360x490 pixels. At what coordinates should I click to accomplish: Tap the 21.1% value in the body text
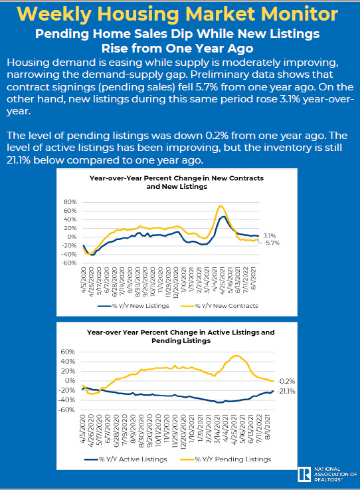[x=19, y=160]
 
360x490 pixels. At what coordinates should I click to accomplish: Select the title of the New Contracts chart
[x=177, y=182]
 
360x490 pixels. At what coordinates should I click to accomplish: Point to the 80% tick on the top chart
[x=70, y=202]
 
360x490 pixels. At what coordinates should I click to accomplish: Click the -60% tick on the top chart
[x=69, y=263]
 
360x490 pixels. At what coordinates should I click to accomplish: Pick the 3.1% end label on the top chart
[x=270, y=236]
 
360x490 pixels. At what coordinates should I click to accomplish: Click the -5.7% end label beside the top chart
[x=272, y=243]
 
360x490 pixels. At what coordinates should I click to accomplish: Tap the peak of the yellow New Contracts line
[x=220, y=205]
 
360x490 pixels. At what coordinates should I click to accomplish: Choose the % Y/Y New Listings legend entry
[x=134, y=306]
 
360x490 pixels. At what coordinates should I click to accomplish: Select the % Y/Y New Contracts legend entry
[x=219, y=306]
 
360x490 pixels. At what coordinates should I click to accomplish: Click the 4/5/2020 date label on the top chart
[x=84, y=279]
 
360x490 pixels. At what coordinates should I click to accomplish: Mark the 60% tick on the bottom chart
[x=68, y=352]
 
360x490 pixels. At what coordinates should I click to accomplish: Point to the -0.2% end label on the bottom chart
[x=286, y=381]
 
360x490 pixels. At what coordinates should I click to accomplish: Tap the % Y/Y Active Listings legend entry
[x=126, y=459]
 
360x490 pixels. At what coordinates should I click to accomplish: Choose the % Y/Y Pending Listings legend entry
[x=226, y=459]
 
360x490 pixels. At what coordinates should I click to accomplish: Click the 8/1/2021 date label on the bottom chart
[x=268, y=428]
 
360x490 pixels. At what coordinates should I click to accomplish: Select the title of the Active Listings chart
[x=181, y=336]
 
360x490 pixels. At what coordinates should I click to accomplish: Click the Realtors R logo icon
[x=304, y=474]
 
